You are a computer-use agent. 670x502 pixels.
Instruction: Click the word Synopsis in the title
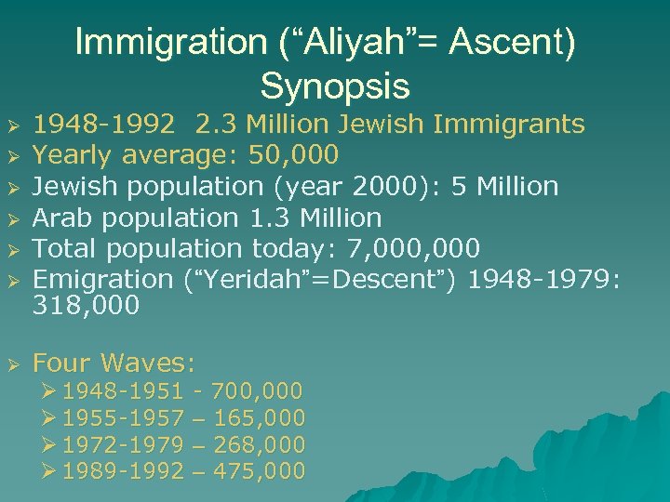[335, 86]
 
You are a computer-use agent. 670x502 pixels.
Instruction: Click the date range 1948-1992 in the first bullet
[103, 124]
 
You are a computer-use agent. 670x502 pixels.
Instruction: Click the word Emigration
[102, 279]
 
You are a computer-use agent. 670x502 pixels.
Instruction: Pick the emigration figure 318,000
[86, 305]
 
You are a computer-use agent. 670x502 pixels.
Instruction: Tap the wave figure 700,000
[257, 391]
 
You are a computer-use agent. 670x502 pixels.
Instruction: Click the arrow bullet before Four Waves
[12, 363]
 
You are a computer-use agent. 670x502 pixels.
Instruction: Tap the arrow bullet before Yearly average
[12, 155]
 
